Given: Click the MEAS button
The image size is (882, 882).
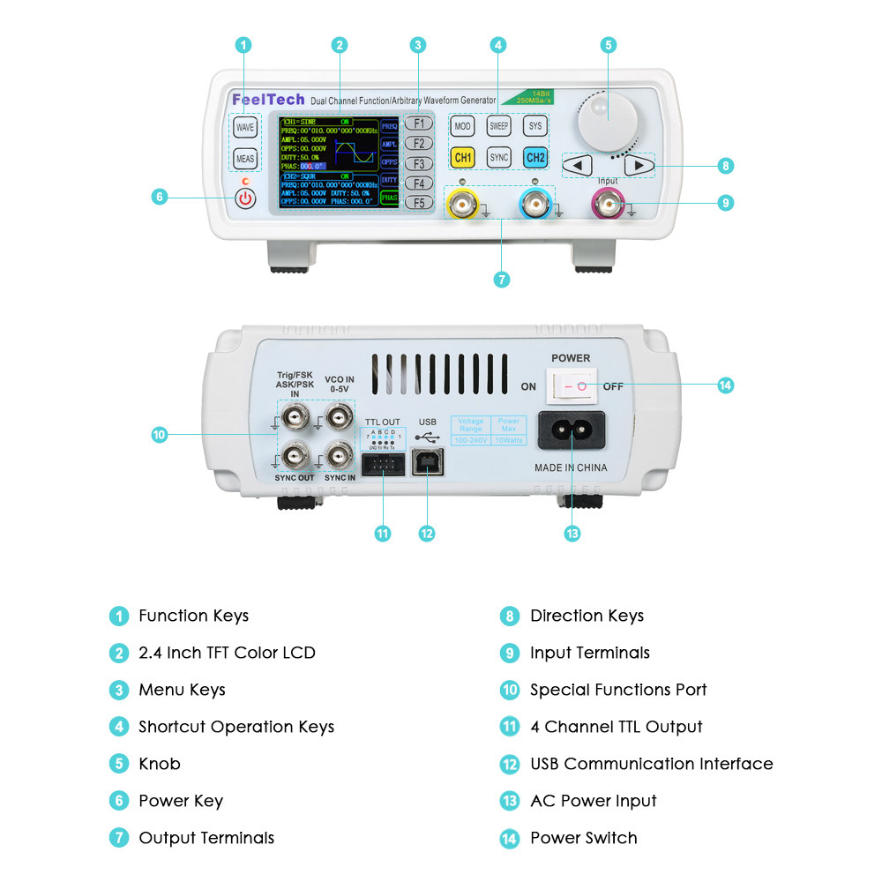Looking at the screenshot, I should pyautogui.click(x=245, y=159).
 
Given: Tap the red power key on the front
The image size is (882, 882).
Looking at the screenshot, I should pyautogui.click(x=245, y=198).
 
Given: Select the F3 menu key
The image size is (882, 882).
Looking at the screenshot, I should pyautogui.click(x=420, y=163).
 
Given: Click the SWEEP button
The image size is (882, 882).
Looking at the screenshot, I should pyautogui.click(x=499, y=126).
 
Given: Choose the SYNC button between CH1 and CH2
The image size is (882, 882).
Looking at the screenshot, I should pyautogui.click(x=499, y=158).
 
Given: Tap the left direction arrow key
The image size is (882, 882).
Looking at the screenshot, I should pyautogui.click(x=578, y=165).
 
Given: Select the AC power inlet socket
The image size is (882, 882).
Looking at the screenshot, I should pyautogui.click(x=571, y=431).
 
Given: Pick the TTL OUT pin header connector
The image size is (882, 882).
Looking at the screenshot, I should pyautogui.click(x=383, y=463).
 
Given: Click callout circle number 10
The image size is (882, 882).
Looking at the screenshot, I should pyautogui.click(x=160, y=434).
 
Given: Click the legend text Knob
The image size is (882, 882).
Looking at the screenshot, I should pyautogui.click(x=159, y=764).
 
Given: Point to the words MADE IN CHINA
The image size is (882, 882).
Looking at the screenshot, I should pyautogui.click(x=571, y=467).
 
